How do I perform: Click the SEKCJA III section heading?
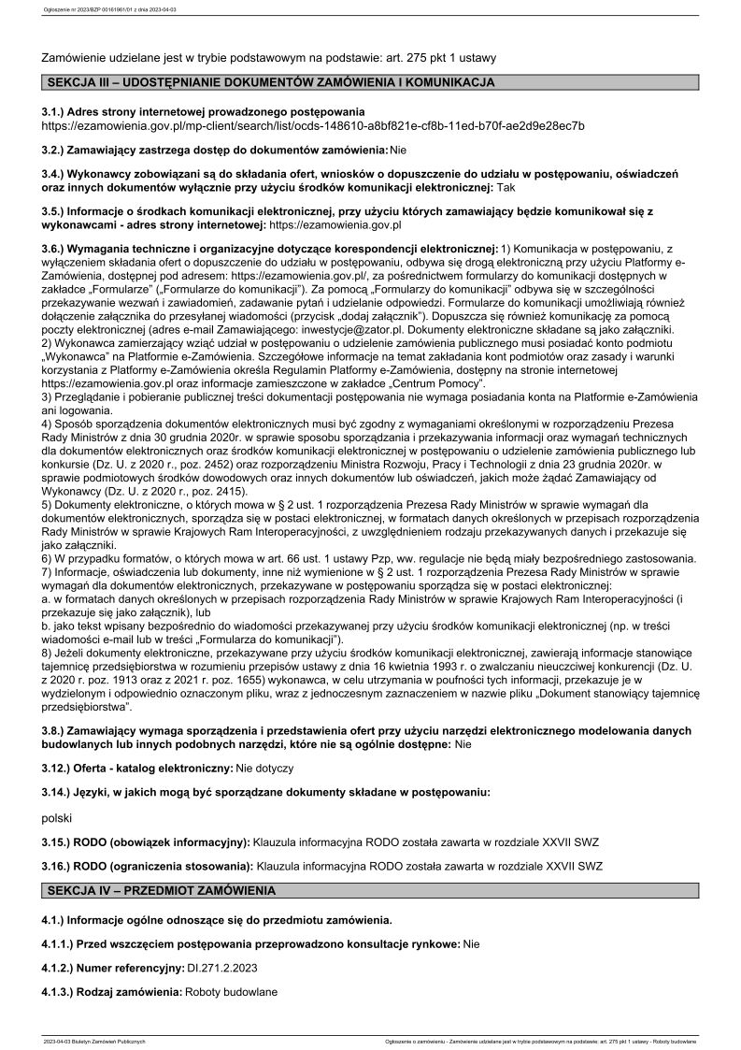pyautogui.click(x=270, y=83)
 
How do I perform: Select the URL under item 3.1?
pyautogui.click(x=313, y=125)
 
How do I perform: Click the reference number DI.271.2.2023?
pyautogui.click(x=223, y=968)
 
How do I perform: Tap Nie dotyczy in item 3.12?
pyautogui.click(x=264, y=768)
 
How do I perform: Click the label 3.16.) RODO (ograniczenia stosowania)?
pyautogui.click(x=148, y=866)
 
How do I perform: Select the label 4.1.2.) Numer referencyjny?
pyautogui.click(x=112, y=968)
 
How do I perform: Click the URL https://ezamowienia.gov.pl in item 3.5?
pyautogui.click(x=335, y=224)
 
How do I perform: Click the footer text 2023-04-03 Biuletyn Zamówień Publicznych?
pyautogui.click(x=94, y=1041)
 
